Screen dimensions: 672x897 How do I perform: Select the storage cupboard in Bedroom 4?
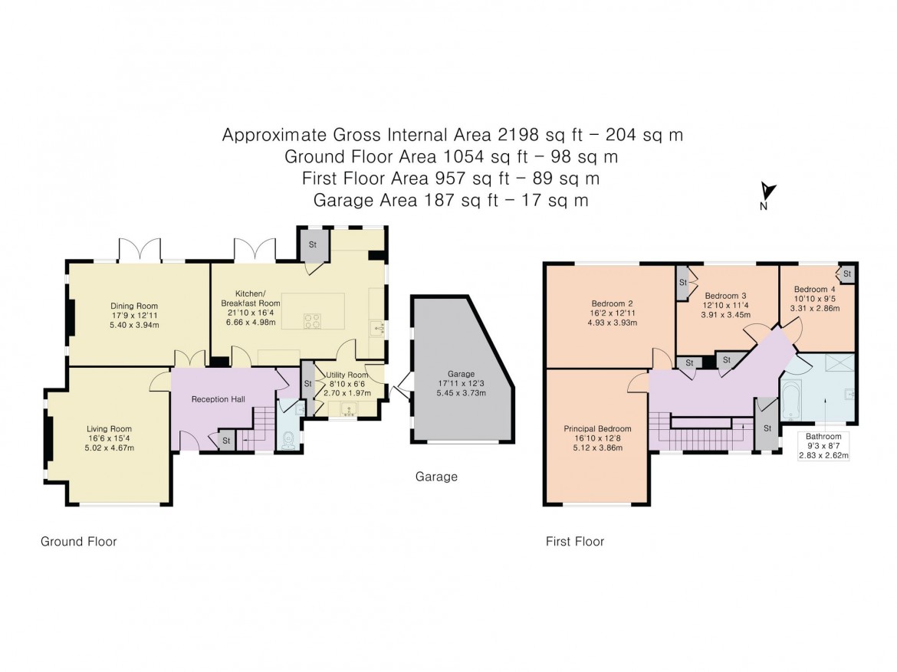[847, 274]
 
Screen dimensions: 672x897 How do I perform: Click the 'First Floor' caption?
[574, 542]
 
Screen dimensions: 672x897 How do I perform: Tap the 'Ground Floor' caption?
[78, 542]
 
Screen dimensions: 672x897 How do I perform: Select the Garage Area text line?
[452, 201]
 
